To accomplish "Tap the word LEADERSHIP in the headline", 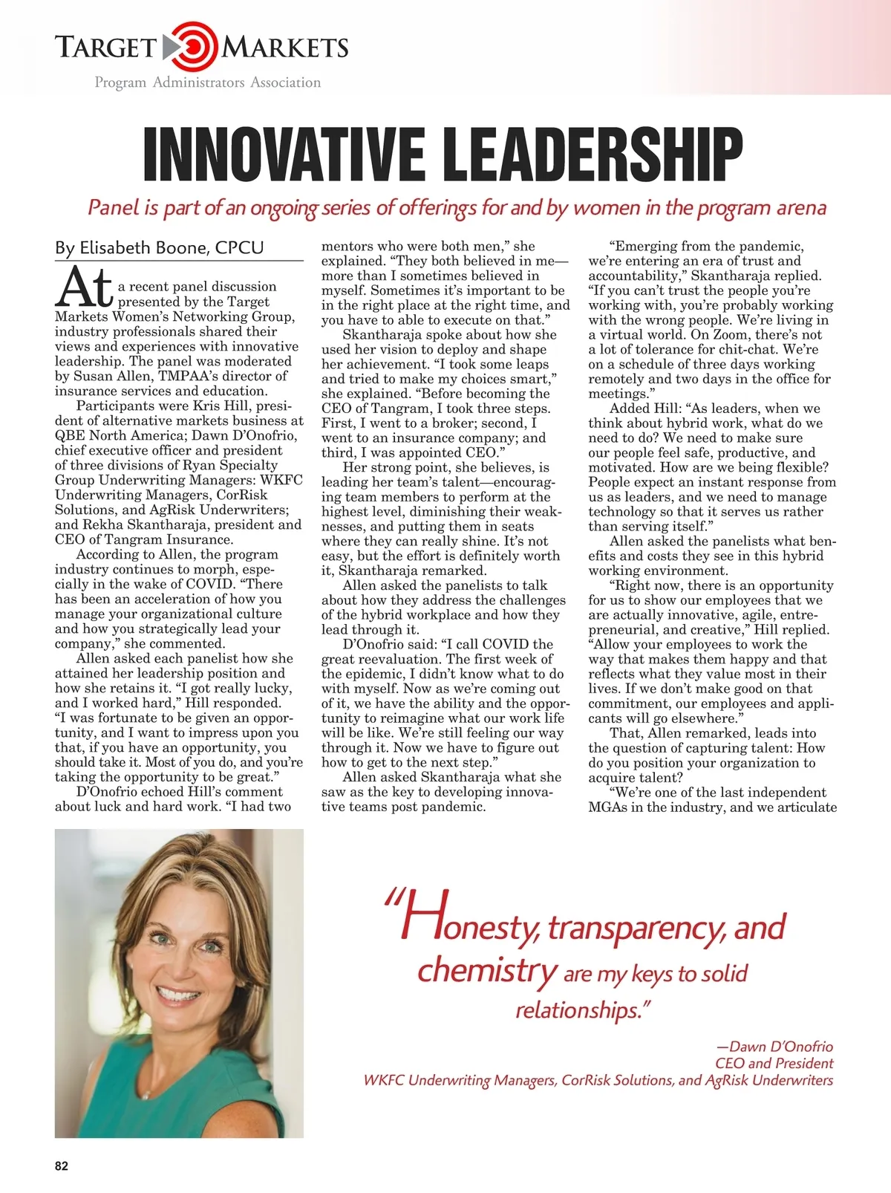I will [x=594, y=155].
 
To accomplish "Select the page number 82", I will [x=62, y=1166].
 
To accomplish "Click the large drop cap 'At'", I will [x=84, y=287].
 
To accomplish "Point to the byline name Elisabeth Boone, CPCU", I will [x=159, y=247].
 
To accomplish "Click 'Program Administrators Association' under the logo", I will [x=208, y=82].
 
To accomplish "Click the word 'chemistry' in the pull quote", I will [x=486, y=970].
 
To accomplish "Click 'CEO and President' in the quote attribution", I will [x=774, y=1063].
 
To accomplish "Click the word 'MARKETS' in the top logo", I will [x=286, y=48].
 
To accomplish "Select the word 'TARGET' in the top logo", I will [x=105, y=48].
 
